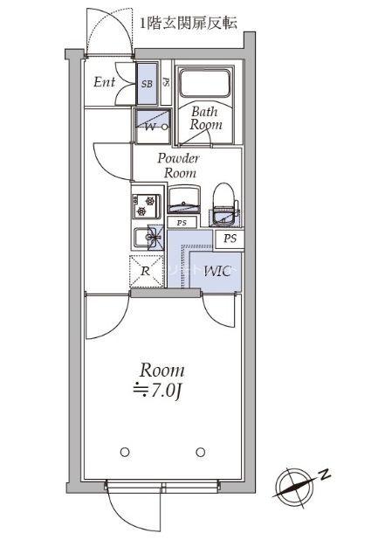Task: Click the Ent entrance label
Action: [104, 82]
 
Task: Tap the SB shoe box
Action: [147, 83]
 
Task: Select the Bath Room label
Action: [205, 118]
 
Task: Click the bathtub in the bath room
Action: [205, 83]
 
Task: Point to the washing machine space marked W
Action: [152, 126]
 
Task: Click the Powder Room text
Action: [179, 165]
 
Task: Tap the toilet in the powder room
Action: [224, 204]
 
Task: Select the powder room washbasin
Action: [184, 200]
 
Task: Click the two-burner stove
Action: [146, 206]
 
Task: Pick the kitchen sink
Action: [148, 237]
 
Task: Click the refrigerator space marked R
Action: [147, 272]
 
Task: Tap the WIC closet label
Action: [217, 272]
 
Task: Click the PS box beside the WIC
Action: [230, 239]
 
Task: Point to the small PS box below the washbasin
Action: [182, 223]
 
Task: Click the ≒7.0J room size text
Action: [157, 391]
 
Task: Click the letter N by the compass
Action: [324, 475]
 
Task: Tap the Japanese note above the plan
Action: [189, 23]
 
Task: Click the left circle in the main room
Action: [125, 452]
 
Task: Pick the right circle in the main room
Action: [201, 452]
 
